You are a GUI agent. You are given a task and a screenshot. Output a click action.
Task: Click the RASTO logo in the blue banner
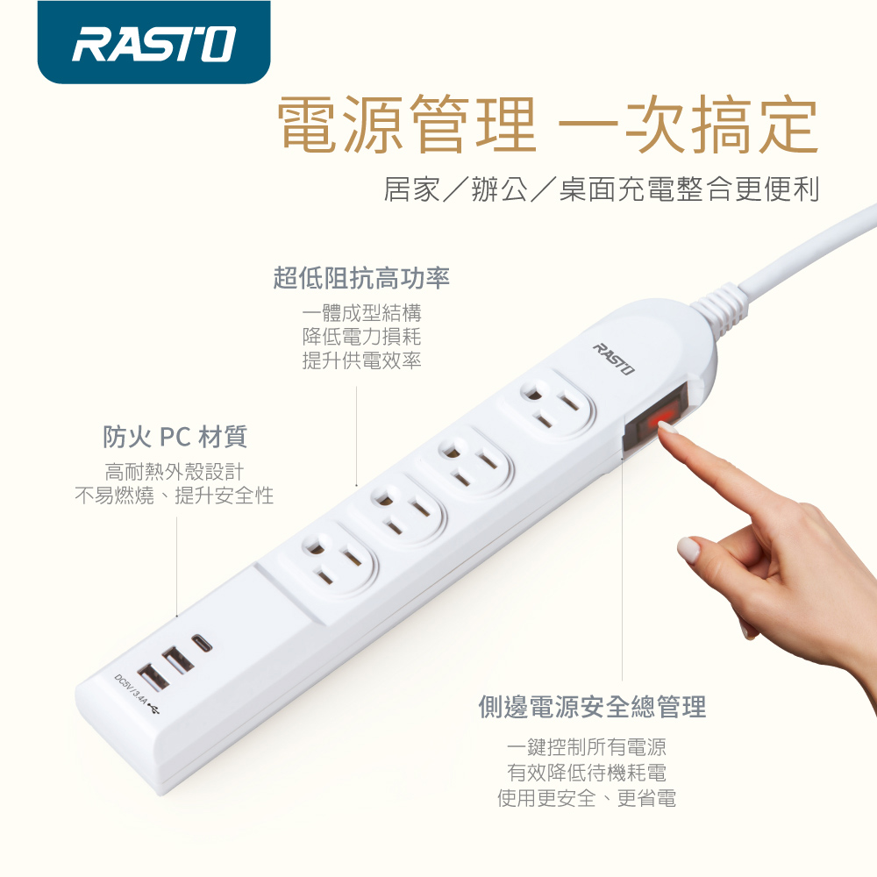(x=153, y=44)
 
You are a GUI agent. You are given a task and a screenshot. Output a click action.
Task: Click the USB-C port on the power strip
(x=202, y=643)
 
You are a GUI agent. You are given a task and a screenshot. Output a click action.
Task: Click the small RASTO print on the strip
(x=614, y=359)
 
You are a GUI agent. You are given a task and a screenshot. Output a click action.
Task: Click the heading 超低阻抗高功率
(x=361, y=278)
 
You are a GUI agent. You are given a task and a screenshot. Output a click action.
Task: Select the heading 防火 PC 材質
(x=175, y=437)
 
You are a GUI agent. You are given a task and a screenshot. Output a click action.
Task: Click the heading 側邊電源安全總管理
(x=592, y=706)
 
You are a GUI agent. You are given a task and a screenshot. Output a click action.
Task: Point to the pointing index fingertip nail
(x=667, y=427)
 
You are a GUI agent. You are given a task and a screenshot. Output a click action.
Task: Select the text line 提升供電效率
(x=361, y=360)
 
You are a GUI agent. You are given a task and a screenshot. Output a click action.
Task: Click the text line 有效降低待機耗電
(x=587, y=773)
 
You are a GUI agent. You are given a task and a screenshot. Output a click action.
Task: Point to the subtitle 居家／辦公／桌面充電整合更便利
(x=602, y=189)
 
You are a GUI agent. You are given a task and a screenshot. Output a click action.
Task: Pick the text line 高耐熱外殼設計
(x=175, y=472)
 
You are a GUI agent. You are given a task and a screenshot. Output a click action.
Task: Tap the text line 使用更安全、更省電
(x=587, y=798)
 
